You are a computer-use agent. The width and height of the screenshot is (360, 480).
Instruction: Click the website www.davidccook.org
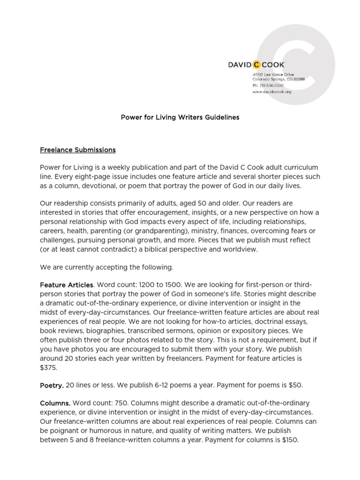pos(272,92)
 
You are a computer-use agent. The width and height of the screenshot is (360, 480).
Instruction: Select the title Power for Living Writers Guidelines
pos(180,117)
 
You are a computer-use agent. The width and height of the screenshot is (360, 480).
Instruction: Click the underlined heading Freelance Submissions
pos(78,150)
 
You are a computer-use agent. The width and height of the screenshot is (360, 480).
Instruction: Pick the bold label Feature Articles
pos(67,285)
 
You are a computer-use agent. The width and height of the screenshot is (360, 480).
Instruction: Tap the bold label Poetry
pos(52,385)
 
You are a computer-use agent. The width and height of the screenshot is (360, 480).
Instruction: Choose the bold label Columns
pos(55,403)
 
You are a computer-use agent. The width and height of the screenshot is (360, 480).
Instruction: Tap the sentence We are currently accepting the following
pos(106,267)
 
